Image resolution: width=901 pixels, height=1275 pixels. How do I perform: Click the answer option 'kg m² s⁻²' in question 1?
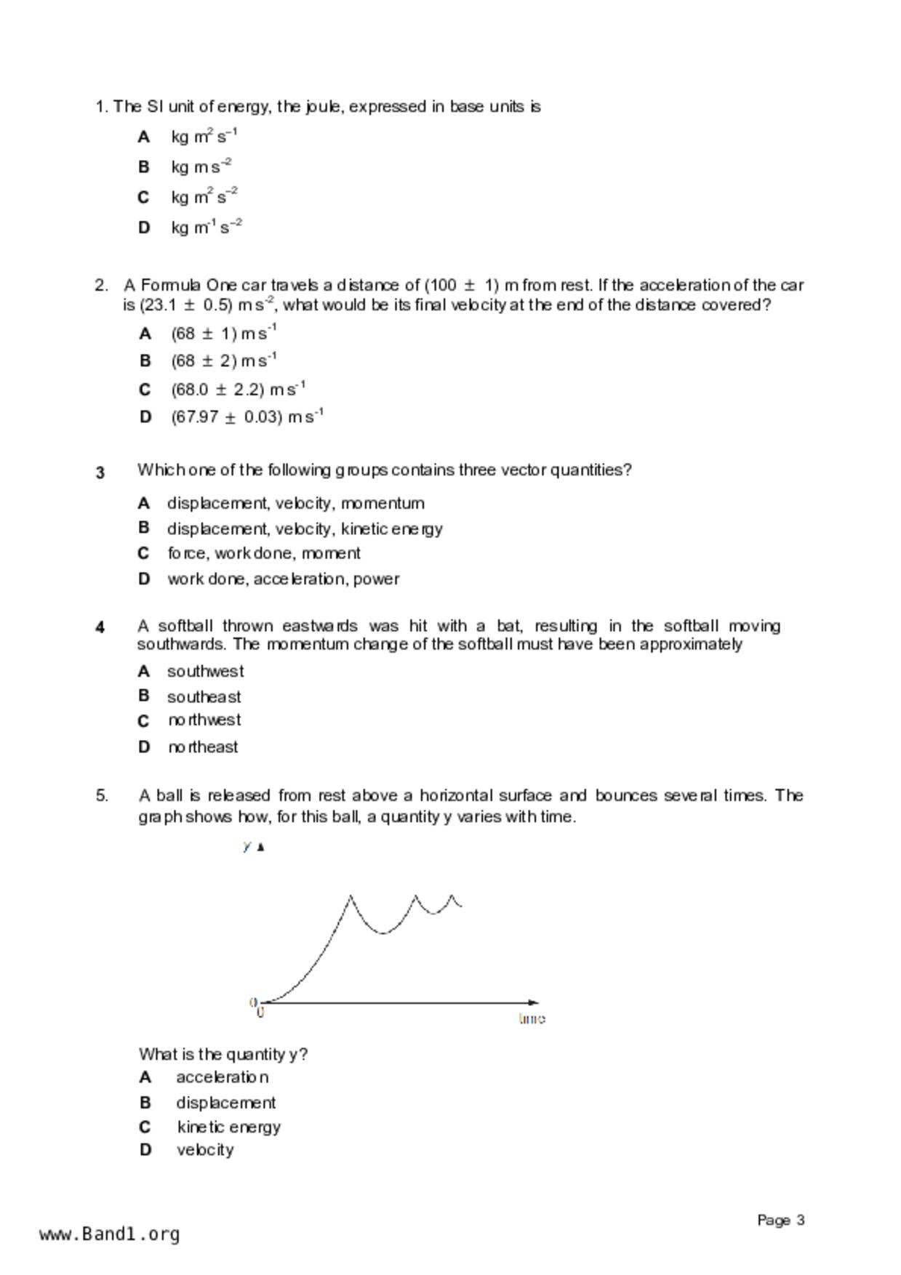(x=204, y=197)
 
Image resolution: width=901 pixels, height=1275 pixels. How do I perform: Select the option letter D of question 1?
(x=144, y=228)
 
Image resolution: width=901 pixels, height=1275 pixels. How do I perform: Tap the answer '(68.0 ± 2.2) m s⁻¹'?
(x=238, y=390)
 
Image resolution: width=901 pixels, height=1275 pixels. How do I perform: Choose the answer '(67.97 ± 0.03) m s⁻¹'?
(x=247, y=417)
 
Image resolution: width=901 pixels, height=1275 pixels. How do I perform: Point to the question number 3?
(x=100, y=472)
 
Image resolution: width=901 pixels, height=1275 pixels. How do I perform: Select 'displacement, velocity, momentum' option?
(x=295, y=503)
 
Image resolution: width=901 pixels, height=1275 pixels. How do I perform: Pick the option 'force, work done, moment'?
(x=263, y=553)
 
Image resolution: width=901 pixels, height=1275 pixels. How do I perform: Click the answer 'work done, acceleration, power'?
(x=283, y=579)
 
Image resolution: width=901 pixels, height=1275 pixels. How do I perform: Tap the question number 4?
(x=100, y=627)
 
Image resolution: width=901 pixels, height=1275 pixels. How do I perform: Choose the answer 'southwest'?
(x=205, y=671)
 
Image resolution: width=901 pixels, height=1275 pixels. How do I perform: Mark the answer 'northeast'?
(x=203, y=747)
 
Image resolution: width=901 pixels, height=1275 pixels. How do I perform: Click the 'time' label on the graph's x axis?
(x=532, y=1018)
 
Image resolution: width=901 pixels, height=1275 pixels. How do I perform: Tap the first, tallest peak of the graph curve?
(x=351, y=897)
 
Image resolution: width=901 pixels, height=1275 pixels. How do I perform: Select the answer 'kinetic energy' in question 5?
(x=228, y=1127)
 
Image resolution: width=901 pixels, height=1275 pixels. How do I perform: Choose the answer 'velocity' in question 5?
(x=205, y=1150)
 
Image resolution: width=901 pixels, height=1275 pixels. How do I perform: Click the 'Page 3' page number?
(x=780, y=1220)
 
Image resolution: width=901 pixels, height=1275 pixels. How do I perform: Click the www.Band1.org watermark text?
(x=110, y=1234)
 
